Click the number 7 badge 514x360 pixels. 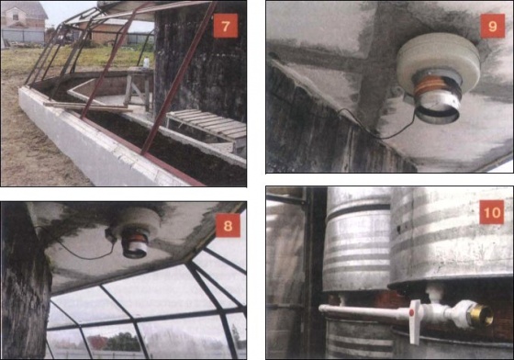click(226, 27)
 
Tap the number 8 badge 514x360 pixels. click(228, 225)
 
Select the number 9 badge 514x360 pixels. click(493, 26)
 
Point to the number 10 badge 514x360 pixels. click(492, 212)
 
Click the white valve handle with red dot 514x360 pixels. click(415, 321)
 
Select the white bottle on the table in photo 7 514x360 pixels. click(146, 62)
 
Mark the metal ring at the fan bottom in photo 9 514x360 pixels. click(436, 112)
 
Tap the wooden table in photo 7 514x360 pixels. click(137, 87)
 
